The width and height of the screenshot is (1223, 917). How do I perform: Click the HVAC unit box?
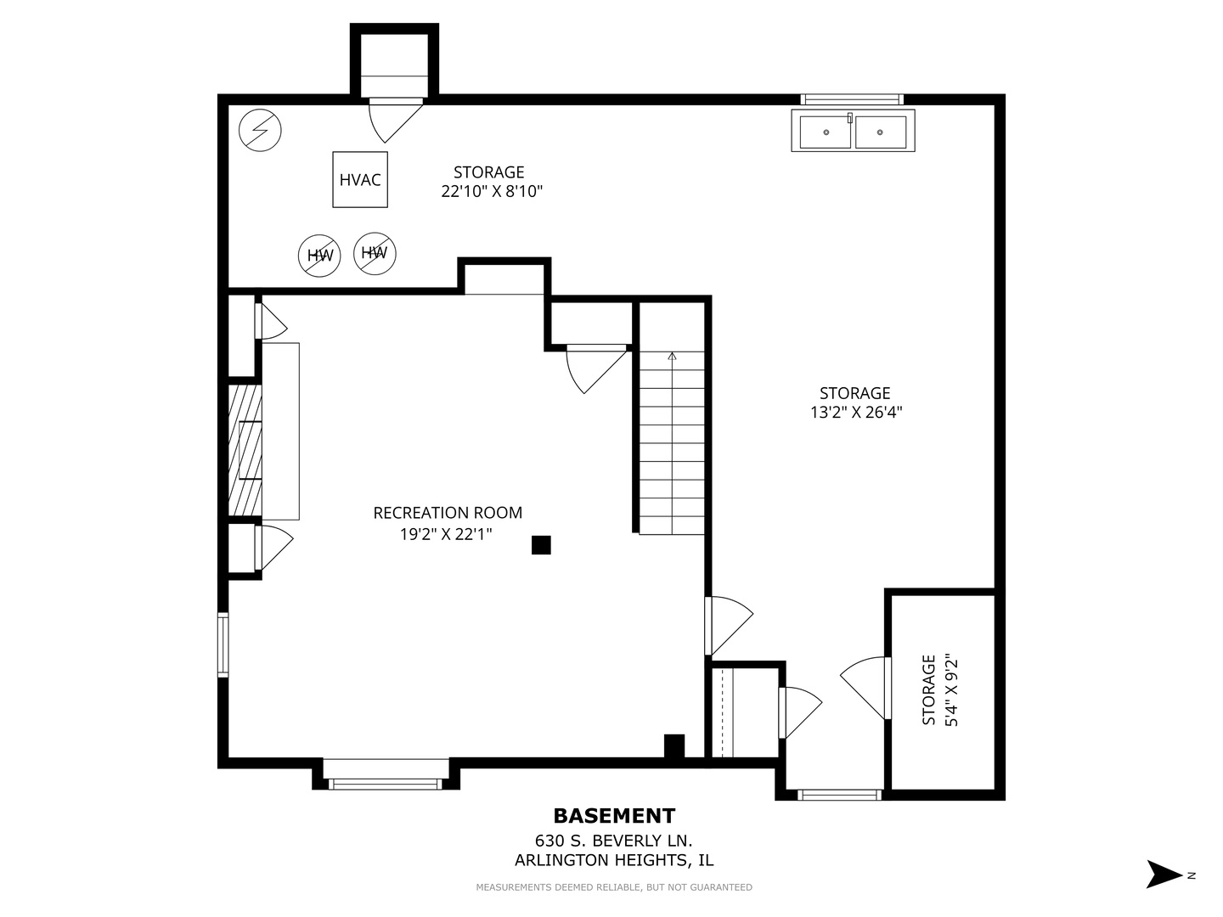tap(360, 179)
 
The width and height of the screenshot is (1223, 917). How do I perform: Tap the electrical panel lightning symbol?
tap(260, 131)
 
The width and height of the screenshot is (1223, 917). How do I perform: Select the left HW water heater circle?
tap(319, 255)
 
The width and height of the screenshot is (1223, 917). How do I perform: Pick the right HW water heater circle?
tap(375, 253)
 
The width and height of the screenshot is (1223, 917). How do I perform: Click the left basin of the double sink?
tap(826, 132)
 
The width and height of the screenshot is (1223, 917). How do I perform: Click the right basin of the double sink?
tap(881, 132)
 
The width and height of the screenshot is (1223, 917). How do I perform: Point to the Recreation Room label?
tap(448, 513)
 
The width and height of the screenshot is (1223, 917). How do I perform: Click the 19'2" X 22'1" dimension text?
tap(446, 535)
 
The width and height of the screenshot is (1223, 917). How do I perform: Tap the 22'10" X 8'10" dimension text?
tap(492, 192)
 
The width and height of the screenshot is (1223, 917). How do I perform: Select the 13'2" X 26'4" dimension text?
tap(856, 413)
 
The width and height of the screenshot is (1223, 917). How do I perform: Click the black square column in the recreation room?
tap(541, 545)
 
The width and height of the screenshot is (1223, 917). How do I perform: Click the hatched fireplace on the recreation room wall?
tap(245, 450)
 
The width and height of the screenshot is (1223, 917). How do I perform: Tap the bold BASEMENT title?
tap(614, 816)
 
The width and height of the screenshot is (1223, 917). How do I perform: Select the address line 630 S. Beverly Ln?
tap(613, 841)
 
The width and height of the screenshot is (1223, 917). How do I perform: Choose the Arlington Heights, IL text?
tap(613, 860)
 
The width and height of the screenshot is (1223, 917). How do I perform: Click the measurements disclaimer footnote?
tap(614, 887)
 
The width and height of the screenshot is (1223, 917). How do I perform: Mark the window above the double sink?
tap(852, 99)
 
